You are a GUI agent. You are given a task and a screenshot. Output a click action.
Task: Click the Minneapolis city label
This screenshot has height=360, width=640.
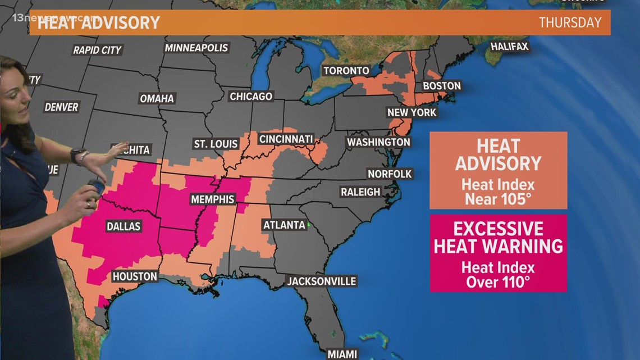pos(196,48)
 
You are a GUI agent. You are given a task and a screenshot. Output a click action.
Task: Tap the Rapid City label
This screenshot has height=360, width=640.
pos(97,50)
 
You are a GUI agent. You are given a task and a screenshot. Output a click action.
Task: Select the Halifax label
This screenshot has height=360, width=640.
pos(509,47)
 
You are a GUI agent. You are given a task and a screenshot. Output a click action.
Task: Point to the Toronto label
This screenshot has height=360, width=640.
pos(346,71)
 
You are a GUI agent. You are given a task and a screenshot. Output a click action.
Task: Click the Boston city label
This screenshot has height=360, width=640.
pos(441,86)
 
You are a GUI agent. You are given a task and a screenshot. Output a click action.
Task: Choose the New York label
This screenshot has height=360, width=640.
pos(412,112)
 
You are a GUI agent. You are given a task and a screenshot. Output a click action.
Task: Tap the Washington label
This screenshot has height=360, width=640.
pos(378,142)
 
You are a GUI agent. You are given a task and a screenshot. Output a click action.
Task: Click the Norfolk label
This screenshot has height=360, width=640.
pos(390,174)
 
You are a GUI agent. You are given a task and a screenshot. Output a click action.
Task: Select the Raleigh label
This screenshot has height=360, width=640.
pos(360,192)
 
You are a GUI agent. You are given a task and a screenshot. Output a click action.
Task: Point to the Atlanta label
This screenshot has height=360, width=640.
pos(284,225)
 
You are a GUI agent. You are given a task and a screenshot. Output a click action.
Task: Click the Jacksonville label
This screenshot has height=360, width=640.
pos(321,281)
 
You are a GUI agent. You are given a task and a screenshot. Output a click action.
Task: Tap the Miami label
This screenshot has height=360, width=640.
pos(343,354)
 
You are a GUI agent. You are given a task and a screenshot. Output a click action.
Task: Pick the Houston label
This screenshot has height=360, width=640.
pos(135,276)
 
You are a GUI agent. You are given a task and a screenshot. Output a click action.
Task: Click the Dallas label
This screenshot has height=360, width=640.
pos(123,227)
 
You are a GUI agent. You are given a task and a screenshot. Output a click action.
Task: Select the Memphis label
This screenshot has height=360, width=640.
pos(212,199)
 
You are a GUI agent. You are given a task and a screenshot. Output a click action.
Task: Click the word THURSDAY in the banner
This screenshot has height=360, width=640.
pos(570,22)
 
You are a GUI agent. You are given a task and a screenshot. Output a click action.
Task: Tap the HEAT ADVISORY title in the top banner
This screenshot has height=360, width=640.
pos(99,22)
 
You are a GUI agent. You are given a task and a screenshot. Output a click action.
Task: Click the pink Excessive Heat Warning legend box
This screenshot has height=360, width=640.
pos(498,253)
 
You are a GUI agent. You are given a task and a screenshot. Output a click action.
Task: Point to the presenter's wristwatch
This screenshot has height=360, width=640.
pos(78,155)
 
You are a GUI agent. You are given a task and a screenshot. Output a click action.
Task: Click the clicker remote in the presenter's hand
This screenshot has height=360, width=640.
pos(97,187)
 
